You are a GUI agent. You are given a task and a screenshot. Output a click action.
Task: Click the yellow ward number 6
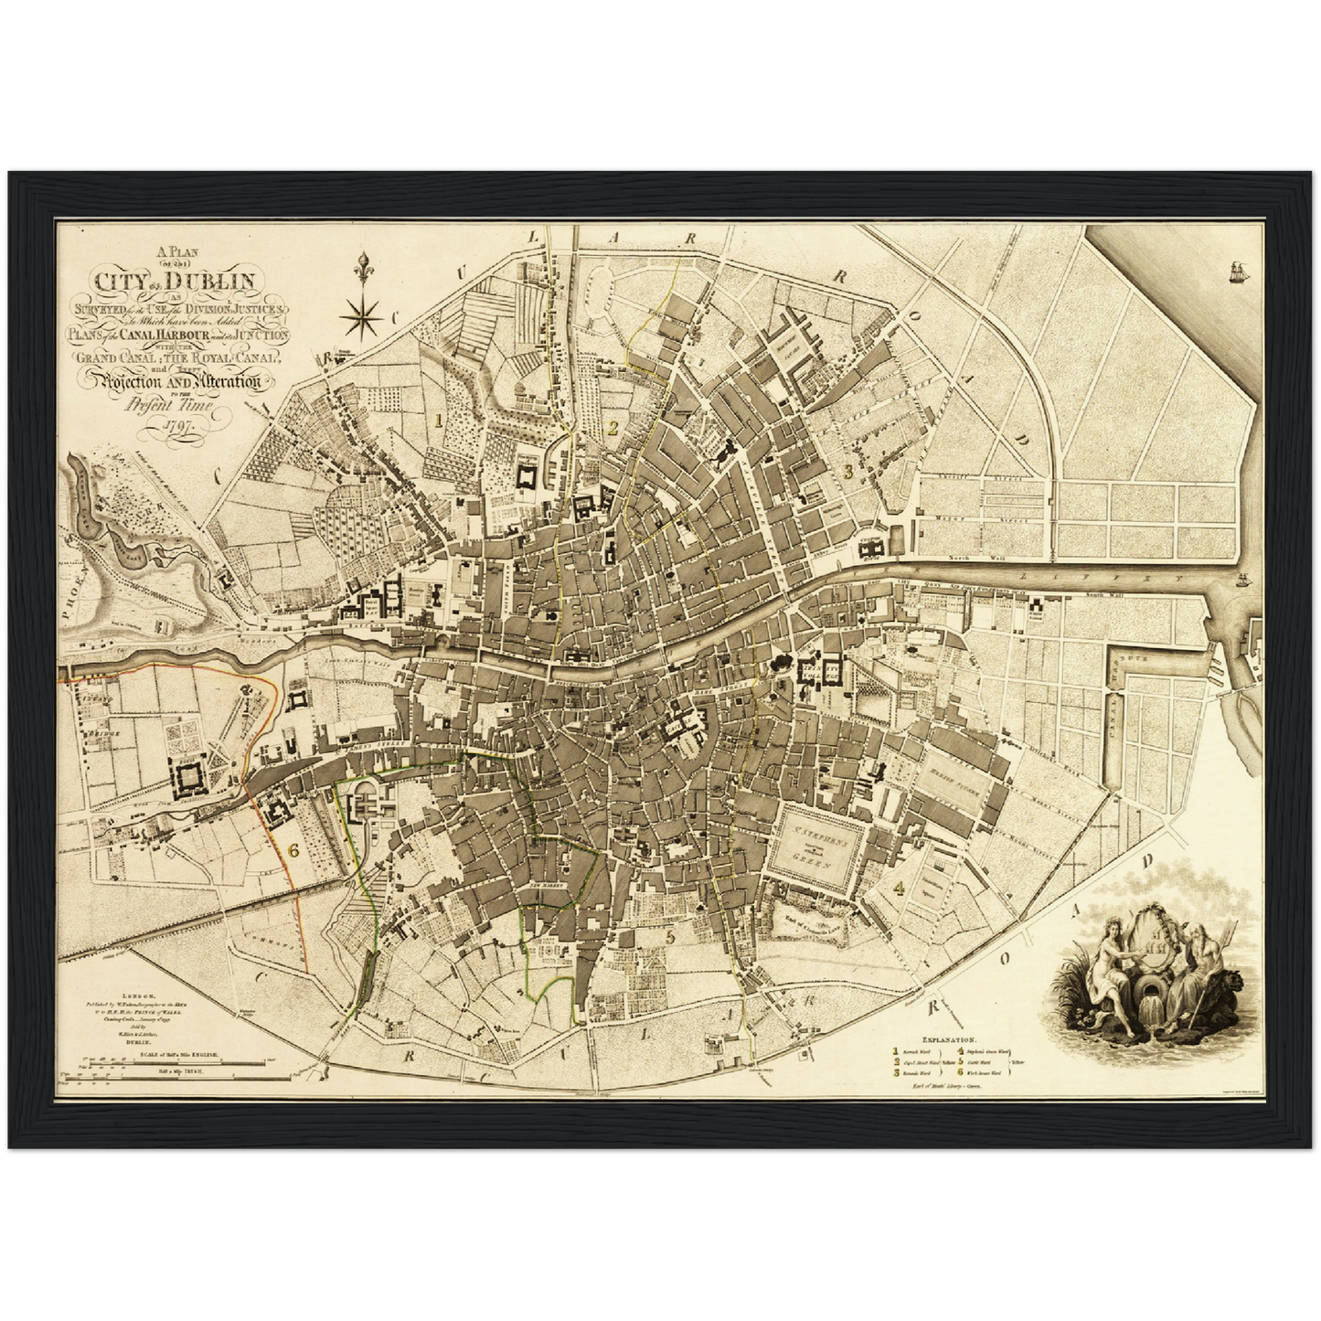click(x=293, y=849)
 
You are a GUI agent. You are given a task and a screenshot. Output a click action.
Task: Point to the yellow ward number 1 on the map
click(x=439, y=421)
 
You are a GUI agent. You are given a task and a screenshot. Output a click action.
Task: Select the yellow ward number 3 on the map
click(x=847, y=472)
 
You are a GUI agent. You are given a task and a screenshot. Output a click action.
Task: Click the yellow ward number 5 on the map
click(x=671, y=935)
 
